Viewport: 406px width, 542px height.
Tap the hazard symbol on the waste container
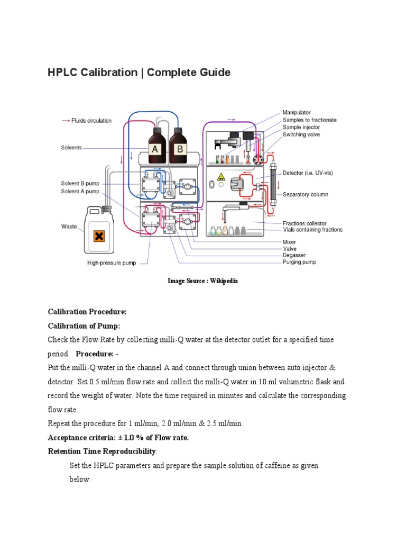pyautogui.click(x=98, y=236)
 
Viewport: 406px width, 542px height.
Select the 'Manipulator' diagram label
pyautogui.click(x=297, y=113)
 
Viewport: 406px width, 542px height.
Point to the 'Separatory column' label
pyautogui.click(x=305, y=195)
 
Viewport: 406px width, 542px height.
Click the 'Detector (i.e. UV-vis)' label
pyautogui.click(x=308, y=173)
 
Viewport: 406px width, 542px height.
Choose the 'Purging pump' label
pyautogui.click(x=299, y=262)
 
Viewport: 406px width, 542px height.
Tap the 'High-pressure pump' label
pyautogui.click(x=112, y=263)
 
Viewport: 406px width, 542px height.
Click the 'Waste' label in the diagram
pyautogui.click(x=69, y=227)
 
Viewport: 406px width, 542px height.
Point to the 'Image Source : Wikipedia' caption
pyautogui.click(x=202, y=281)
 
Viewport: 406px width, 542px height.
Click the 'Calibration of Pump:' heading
pyautogui.click(x=84, y=326)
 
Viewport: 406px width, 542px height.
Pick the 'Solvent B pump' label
pyautogui.click(x=80, y=184)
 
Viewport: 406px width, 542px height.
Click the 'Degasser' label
pyautogui.click(x=294, y=255)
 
